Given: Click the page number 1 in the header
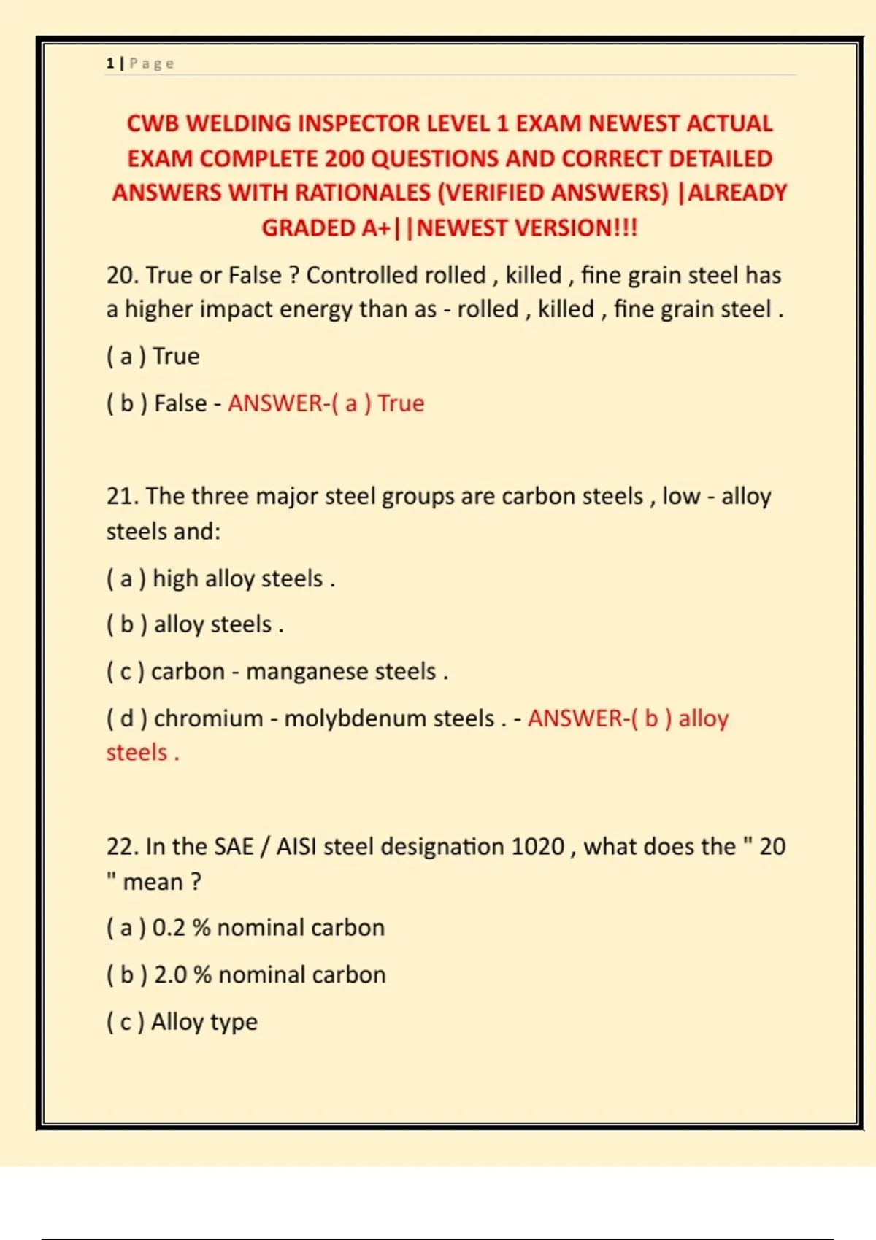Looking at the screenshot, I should click(109, 63).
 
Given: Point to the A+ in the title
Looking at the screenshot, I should click(376, 228).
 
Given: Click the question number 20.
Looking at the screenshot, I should click(122, 275).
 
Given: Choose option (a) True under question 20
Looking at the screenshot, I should click(153, 356).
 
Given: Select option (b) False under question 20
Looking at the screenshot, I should click(157, 403).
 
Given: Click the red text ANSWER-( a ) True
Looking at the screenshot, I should click(326, 403).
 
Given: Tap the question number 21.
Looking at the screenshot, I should click(122, 496).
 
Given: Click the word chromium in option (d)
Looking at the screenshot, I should click(208, 718).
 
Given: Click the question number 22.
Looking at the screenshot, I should click(122, 846).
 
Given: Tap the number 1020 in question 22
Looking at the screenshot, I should click(538, 846).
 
